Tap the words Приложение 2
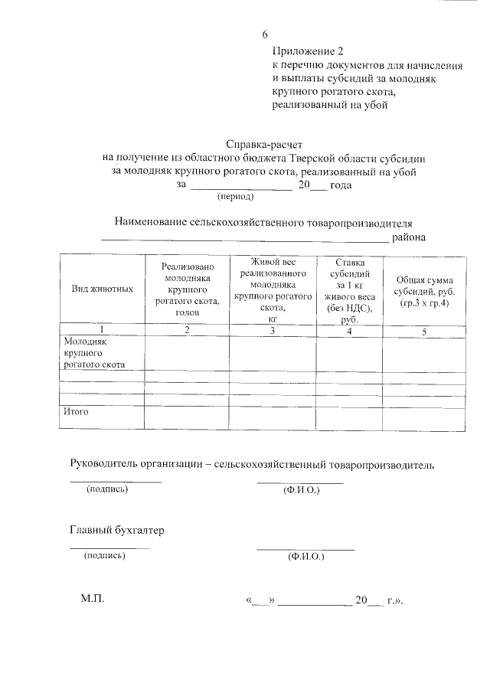(304, 52)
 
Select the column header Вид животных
(103, 289)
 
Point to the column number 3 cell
(273, 331)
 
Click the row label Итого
(76, 412)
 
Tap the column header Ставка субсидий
(349, 289)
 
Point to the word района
(409, 237)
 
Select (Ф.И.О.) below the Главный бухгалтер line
(306, 557)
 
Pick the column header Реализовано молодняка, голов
(187, 289)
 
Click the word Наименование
(151, 222)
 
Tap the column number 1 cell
(103, 331)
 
